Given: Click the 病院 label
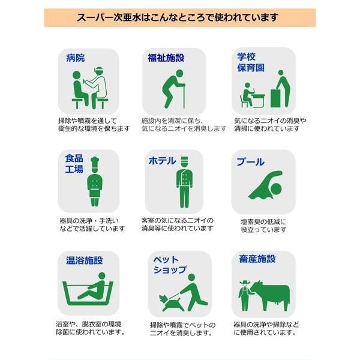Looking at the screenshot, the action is click(x=76, y=58).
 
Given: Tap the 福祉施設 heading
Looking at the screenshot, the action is click(x=166, y=58).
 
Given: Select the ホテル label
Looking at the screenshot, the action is click(x=163, y=161).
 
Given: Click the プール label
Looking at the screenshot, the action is click(x=250, y=162).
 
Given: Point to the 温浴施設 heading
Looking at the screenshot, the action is click(x=84, y=260).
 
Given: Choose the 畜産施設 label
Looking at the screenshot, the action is click(x=257, y=259).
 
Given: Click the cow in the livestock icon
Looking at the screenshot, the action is click(x=271, y=295).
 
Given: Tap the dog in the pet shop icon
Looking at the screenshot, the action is click(x=170, y=303).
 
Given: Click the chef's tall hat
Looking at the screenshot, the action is click(x=95, y=163).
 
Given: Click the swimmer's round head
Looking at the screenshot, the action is click(x=276, y=190).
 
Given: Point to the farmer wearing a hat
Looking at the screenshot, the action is click(x=245, y=296).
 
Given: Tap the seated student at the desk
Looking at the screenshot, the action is click(x=247, y=95).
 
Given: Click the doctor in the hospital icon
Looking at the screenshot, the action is click(x=98, y=87).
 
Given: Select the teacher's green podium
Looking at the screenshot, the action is click(x=275, y=98).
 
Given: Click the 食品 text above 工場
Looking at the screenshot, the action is click(x=74, y=158).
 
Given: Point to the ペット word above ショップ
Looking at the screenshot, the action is click(x=166, y=260).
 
